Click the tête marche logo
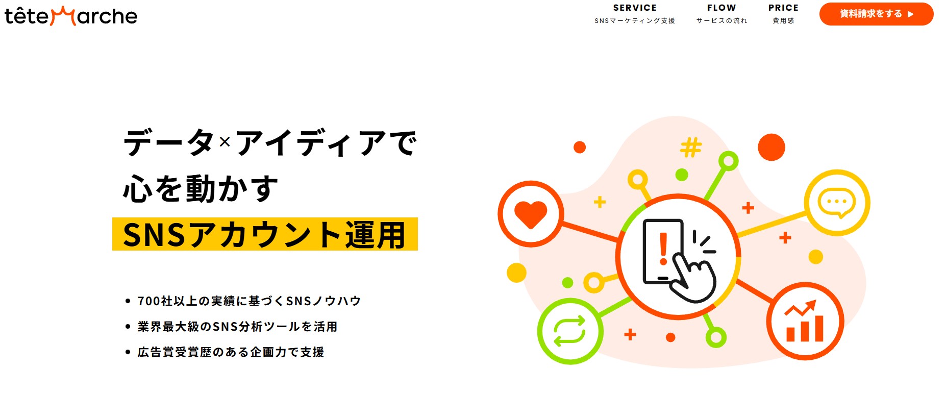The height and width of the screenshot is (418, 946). pyautogui.click(x=71, y=16)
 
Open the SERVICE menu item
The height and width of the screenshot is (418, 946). pyautogui.click(x=635, y=14)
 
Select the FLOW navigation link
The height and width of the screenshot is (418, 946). pyautogui.click(x=721, y=14)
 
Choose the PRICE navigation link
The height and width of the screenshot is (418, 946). pyautogui.click(x=783, y=14)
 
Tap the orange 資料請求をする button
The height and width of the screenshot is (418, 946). pyautogui.click(x=876, y=14)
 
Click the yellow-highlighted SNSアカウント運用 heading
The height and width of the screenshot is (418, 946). pyautogui.click(x=265, y=235)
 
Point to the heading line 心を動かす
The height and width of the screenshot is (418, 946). pyautogui.click(x=201, y=189)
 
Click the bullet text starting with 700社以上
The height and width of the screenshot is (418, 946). pyautogui.click(x=249, y=301)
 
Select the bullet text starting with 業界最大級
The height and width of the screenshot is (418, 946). pyautogui.click(x=237, y=327)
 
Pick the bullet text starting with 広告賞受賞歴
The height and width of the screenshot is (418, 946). pyautogui.click(x=231, y=352)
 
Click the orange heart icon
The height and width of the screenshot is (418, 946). pyautogui.click(x=531, y=213)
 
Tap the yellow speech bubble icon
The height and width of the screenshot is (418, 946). pyautogui.click(x=836, y=203)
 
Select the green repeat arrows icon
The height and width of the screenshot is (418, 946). pyautogui.click(x=570, y=331)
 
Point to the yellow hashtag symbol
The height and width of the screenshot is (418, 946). pyautogui.click(x=691, y=147)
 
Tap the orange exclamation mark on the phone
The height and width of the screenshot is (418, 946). pyautogui.click(x=663, y=249)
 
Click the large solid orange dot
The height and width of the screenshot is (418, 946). pyautogui.click(x=771, y=147)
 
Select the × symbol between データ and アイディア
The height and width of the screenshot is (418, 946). pyautogui.click(x=225, y=142)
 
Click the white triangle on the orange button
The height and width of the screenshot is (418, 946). pyautogui.click(x=911, y=14)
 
